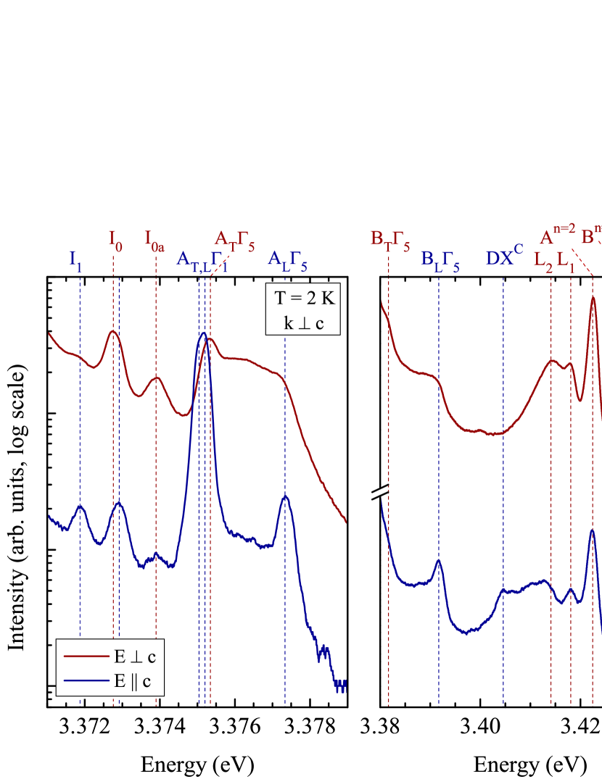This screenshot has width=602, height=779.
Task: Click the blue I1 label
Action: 75,259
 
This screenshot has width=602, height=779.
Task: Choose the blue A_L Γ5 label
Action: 287,259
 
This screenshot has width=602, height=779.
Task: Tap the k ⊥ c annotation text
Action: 303,322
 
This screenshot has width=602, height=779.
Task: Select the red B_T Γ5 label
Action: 390,239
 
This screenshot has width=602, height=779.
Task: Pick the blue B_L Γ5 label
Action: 440,259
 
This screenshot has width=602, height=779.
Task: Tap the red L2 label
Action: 543,259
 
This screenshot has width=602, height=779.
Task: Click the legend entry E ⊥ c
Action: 135,657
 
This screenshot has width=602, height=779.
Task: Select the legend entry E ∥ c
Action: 135,681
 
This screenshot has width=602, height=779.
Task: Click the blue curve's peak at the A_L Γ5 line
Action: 286,497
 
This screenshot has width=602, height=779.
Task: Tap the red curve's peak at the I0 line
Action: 113,330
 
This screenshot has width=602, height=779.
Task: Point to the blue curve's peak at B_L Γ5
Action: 438,559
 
